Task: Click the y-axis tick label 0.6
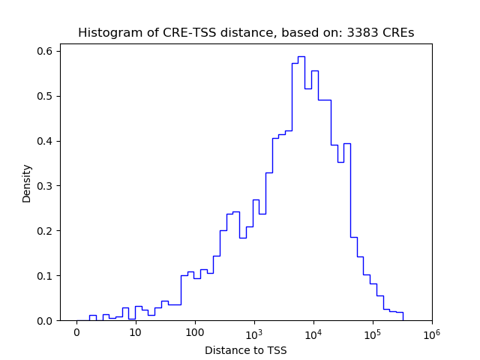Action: point(45,51)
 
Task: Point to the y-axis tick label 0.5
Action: point(45,96)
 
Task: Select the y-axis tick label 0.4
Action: point(45,141)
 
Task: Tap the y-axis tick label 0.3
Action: point(45,186)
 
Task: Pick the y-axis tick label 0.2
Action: point(45,231)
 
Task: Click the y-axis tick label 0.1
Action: point(45,276)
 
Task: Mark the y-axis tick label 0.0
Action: point(45,321)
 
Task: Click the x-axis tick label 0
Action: point(76,332)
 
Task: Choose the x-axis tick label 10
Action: point(136,332)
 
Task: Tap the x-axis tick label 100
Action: point(195,332)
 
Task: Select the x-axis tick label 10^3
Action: point(253,331)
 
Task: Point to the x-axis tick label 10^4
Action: point(313,331)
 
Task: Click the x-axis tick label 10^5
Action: point(372,331)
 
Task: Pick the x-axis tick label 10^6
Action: point(431,331)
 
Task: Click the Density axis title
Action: point(27,183)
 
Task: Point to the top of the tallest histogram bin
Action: point(301,56)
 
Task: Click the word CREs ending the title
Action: point(400,33)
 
